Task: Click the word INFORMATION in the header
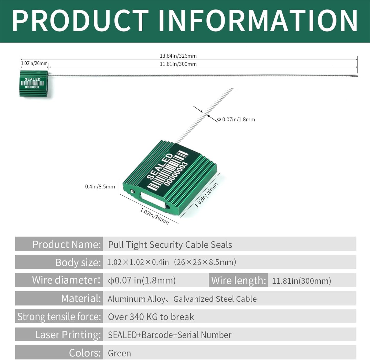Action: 258,21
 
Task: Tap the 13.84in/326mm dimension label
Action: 178,56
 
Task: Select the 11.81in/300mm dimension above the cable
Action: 178,64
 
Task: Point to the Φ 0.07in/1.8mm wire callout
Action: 236,120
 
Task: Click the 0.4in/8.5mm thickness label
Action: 100,187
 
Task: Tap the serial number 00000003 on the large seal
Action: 176,174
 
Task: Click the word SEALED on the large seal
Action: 160,166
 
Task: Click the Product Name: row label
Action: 67,244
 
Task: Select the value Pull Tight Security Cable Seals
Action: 170,245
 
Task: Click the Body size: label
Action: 78,262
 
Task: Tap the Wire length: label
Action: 238,281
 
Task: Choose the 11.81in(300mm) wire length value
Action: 301,281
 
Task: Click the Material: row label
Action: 81,299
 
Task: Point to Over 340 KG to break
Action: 151,317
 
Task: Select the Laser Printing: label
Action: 68,335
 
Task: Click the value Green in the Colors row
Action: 119,353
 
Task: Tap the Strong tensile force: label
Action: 59,317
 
